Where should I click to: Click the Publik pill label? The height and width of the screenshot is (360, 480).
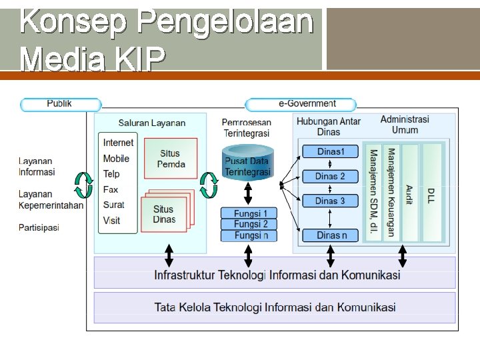pos(60,104)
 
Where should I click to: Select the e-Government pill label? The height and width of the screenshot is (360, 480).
pos(301,104)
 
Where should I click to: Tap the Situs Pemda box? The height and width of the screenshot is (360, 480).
pos(171,159)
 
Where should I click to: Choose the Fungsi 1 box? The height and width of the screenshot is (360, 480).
pos(248,213)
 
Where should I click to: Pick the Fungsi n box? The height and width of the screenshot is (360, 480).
pos(248,235)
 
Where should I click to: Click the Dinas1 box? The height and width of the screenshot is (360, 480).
pos(330,151)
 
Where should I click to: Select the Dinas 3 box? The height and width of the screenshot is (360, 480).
pos(330,201)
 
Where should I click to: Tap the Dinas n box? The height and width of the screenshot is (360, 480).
pos(330,235)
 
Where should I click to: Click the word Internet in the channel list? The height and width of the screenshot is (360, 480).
pos(118,143)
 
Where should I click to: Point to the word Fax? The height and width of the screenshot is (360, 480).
pos(110,189)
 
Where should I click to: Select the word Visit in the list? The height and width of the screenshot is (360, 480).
pos(111,220)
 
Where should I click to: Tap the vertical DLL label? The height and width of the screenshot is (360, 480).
pos(431,195)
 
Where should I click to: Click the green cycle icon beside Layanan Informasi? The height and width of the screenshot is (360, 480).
pos(83,185)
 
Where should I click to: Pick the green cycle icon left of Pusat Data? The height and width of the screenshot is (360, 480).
pos(209,185)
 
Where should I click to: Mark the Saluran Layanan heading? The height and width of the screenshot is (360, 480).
pos(152,123)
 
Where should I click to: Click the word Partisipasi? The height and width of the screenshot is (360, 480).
pos(39,227)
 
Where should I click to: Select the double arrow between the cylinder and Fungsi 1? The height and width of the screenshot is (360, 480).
pos(248,194)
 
